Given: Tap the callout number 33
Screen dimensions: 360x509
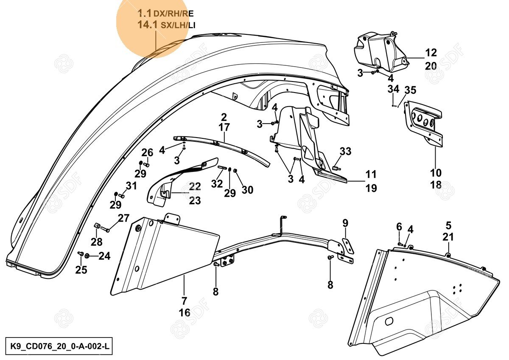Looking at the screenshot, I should tap(345, 151).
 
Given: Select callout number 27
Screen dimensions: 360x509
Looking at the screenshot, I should tap(123, 218).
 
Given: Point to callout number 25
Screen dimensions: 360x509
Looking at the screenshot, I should tap(81, 270).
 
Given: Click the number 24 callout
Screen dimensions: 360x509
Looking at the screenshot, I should tap(105, 256).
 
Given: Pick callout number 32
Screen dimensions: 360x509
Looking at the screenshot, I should tap(217, 184).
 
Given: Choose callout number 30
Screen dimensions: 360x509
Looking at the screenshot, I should tap(247, 190).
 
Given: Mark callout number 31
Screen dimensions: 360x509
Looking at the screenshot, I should tap(131, 186).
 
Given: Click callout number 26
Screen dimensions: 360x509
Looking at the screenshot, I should tap(147, 152).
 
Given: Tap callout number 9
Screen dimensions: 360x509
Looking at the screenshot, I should tap(345, 222).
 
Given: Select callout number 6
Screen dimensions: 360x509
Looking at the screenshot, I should tap(399, 227).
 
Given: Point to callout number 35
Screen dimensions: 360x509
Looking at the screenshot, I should tap(410, 90).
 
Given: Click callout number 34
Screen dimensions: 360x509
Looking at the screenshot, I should tap(393, 90).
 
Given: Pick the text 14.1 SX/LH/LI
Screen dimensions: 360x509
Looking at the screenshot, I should tap(166, 25).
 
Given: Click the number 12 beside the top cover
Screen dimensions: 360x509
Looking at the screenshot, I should tap(431, 53).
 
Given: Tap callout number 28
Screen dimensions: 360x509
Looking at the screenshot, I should tap(97, 242).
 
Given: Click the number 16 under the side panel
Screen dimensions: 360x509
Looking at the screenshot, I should tap(185, 312).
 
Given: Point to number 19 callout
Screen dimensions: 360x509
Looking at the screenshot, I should tap(371, 188).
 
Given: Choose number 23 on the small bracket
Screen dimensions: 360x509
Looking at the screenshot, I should tap(195, 200).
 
